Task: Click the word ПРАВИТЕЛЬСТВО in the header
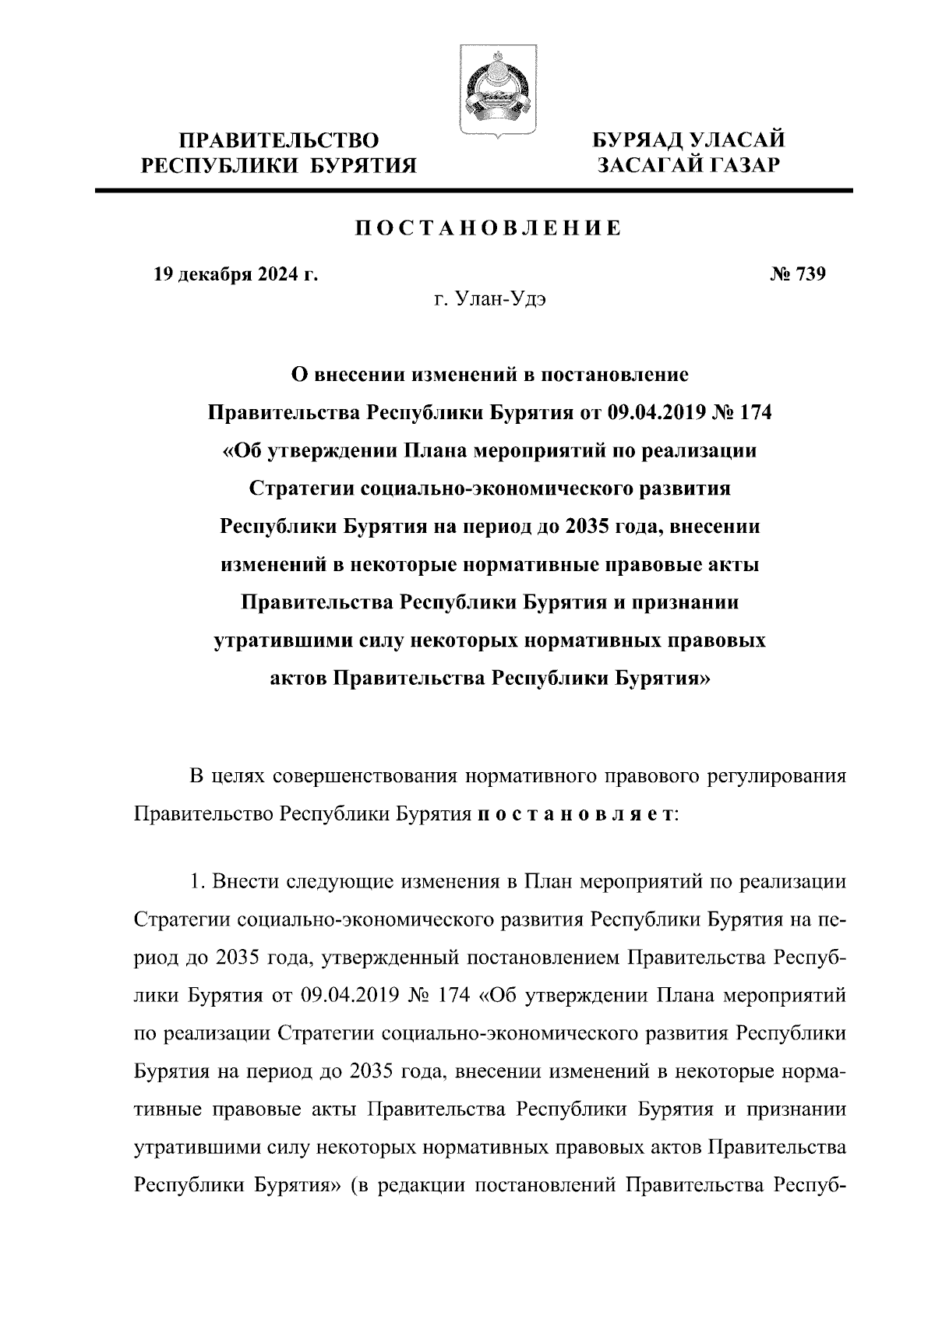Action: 280,141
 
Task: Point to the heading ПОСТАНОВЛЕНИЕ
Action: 489,228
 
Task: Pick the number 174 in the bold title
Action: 753,412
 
